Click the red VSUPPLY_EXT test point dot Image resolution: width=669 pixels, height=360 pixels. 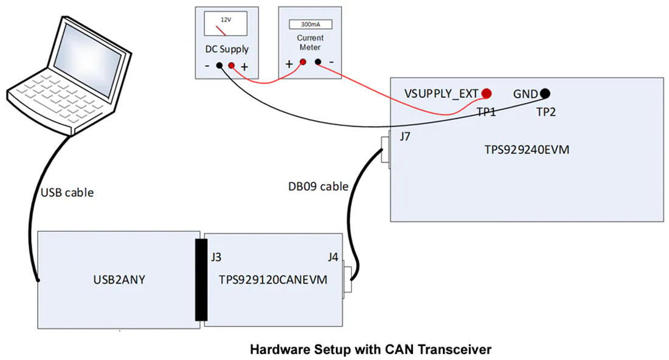(487, 94)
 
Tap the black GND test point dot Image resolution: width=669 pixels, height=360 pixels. (545, 93)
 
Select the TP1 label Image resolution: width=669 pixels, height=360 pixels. (486, 112)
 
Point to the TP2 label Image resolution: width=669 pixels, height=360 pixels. (546, 112)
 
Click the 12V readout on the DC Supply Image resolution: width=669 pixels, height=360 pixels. (226, 19)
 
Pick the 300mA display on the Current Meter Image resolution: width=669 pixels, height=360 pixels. (310, 24)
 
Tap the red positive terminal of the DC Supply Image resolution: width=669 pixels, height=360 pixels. (231, 65)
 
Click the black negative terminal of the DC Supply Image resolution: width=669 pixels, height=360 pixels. (220, 65)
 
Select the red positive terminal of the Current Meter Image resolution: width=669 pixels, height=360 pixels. (303, 62)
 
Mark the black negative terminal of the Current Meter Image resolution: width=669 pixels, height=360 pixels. (318, 62)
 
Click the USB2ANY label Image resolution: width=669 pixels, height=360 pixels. (119, 280)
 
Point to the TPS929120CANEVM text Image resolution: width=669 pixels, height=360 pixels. (273, 280)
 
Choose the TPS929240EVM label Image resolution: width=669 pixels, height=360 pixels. (527, 150)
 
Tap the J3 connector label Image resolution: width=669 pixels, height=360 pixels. (217, 257)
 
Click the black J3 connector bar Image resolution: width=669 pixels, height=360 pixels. (201, 280)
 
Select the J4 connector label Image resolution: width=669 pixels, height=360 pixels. (333, 257)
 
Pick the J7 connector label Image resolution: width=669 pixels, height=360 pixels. (405, 136)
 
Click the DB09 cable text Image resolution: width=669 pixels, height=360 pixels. (318, 187)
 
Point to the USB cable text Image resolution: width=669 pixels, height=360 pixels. (67, 193)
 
